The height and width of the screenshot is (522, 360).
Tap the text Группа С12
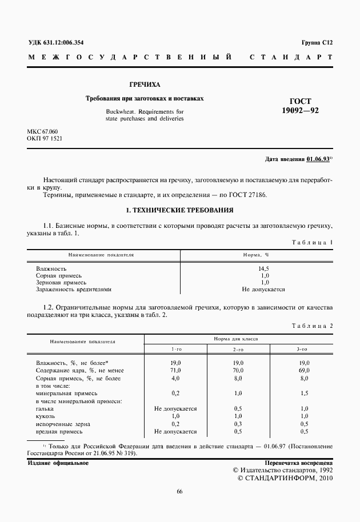[317, 43]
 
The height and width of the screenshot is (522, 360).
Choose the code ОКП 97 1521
[45, 139]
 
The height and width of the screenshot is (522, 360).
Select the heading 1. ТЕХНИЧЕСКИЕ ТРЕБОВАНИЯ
[179, 210]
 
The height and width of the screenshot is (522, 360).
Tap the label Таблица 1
[313, 242]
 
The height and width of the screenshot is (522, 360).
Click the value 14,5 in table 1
[264, 268]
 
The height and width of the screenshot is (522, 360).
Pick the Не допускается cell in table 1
[263, 290]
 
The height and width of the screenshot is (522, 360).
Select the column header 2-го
[238, 349]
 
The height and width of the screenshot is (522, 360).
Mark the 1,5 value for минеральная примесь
[304, 393]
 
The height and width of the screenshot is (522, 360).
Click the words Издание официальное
[58, 463]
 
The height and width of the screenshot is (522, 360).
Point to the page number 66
[179, 492]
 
